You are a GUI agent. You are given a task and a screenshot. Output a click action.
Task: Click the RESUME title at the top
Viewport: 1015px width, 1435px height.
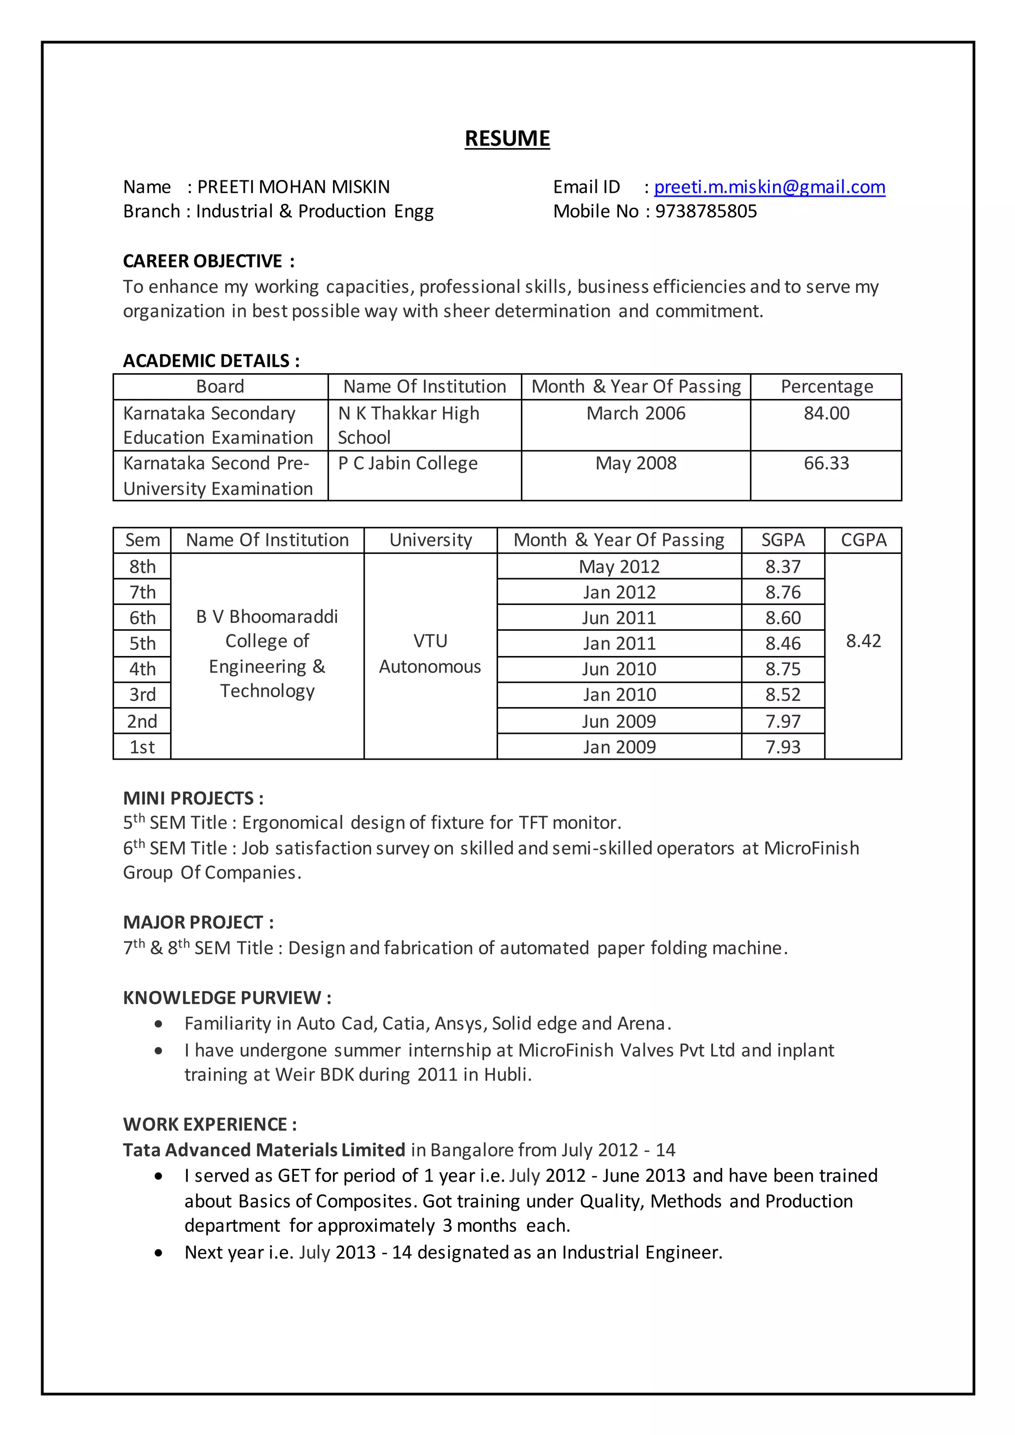point(507,138)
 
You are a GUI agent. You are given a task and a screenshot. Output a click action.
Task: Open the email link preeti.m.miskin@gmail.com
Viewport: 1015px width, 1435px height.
point(769,187)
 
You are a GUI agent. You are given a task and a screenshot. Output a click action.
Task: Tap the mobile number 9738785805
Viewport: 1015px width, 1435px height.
point(706,211)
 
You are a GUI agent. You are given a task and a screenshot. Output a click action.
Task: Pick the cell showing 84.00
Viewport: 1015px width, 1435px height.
point(826,414)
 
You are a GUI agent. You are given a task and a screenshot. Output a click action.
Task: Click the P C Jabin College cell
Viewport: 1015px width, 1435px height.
point(407,464)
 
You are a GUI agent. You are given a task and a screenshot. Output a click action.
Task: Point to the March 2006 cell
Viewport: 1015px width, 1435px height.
point(636,414)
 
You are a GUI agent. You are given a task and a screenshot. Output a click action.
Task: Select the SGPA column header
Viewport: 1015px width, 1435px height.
point(783,540)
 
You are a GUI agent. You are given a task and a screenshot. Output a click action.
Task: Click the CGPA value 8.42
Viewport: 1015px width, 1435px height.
point(863,641)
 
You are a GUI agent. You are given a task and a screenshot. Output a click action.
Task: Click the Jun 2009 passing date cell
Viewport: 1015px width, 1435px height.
point(619,722)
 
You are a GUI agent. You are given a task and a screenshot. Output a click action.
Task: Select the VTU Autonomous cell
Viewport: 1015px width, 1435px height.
point(430,654)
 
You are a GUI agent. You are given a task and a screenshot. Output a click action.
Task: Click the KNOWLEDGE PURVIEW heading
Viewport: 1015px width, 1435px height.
point(227,998)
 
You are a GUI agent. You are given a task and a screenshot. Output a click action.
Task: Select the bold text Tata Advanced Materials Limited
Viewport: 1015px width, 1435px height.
point(264,1150)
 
